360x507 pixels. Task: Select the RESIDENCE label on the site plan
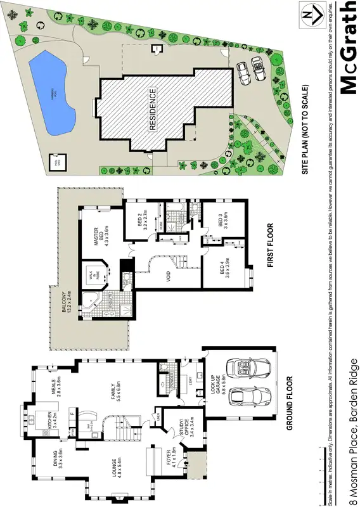point(153,109)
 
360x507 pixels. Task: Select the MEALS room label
point(55,384)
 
